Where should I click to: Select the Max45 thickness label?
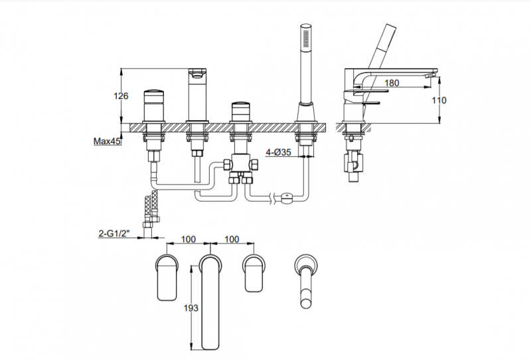click(x=106, y=141)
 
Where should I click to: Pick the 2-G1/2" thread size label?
click(x=116, y=234)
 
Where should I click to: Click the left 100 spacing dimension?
click(x=189, y=238)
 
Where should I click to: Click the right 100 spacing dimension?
click(x=232, y=238)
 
